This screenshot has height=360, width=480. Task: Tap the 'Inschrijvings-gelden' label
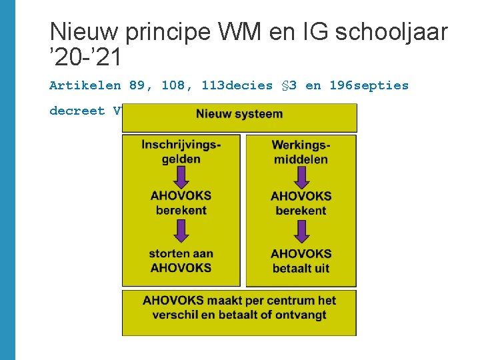[x=181, y=151]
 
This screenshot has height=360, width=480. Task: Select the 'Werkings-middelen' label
[x=301, y=151]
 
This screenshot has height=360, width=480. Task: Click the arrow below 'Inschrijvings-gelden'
[x=181, y=177]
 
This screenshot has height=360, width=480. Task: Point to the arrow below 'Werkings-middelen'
[x=301, y=177]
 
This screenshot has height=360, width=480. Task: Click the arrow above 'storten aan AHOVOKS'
[x=181, y=231]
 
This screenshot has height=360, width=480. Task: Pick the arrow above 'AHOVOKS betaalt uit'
[x=301, y=231]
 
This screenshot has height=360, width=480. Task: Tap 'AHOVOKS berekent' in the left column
[x=181, y=203]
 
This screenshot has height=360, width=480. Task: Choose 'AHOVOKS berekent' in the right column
[x=301, y=203]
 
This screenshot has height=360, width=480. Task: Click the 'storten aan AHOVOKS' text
[x=181, y=261]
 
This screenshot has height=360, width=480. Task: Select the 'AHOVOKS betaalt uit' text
[x=301, y=261]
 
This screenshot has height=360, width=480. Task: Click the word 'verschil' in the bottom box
[x=174, y=314]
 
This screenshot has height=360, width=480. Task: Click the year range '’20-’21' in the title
[x=85, y=58]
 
